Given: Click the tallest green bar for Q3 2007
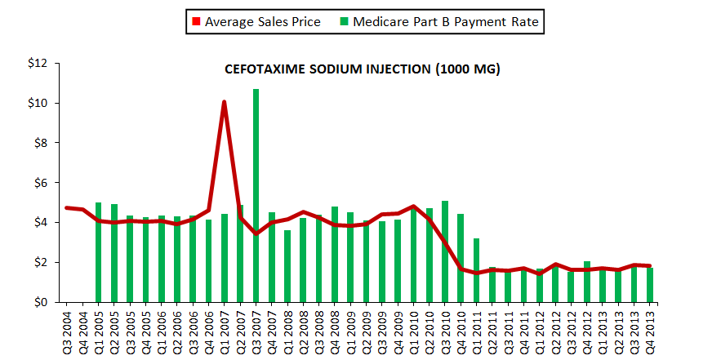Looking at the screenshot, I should pos(256,196).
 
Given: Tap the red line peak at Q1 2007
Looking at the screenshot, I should pos(224,103).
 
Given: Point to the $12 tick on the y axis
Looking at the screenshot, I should pos(39,64).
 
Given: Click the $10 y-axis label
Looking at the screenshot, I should pos(39,104).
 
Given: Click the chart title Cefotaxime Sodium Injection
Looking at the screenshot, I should pos(362,70).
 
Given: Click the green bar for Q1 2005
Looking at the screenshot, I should pos(99,252).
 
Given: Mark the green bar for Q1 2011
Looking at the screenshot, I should pos(477,270).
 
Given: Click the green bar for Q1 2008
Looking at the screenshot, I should pos(287,266).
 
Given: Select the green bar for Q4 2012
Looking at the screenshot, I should pos(587,282).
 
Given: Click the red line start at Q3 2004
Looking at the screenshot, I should pos(67,208).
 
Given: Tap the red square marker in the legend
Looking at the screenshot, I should pos(196,22).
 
